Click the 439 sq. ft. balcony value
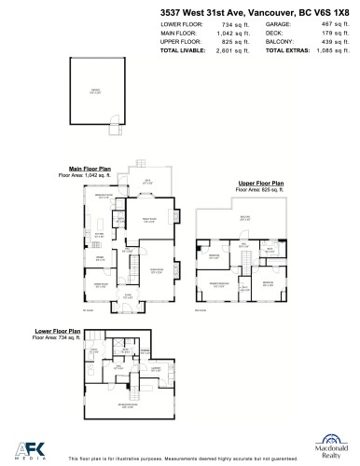click(x=328, y=42)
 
